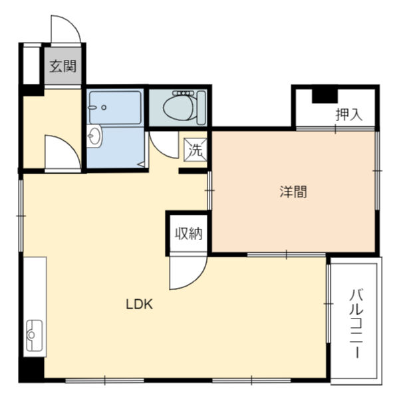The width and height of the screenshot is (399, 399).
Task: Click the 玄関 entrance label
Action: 64,66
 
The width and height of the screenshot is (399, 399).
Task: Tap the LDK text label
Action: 140,305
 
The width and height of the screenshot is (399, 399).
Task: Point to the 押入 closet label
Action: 348,114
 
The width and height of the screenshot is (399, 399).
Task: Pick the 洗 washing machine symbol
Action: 196,150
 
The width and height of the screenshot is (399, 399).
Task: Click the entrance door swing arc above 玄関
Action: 67,29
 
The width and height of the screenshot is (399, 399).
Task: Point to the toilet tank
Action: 202,106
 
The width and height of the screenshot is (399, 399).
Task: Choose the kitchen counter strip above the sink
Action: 35,286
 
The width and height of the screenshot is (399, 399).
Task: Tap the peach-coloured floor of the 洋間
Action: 293,219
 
